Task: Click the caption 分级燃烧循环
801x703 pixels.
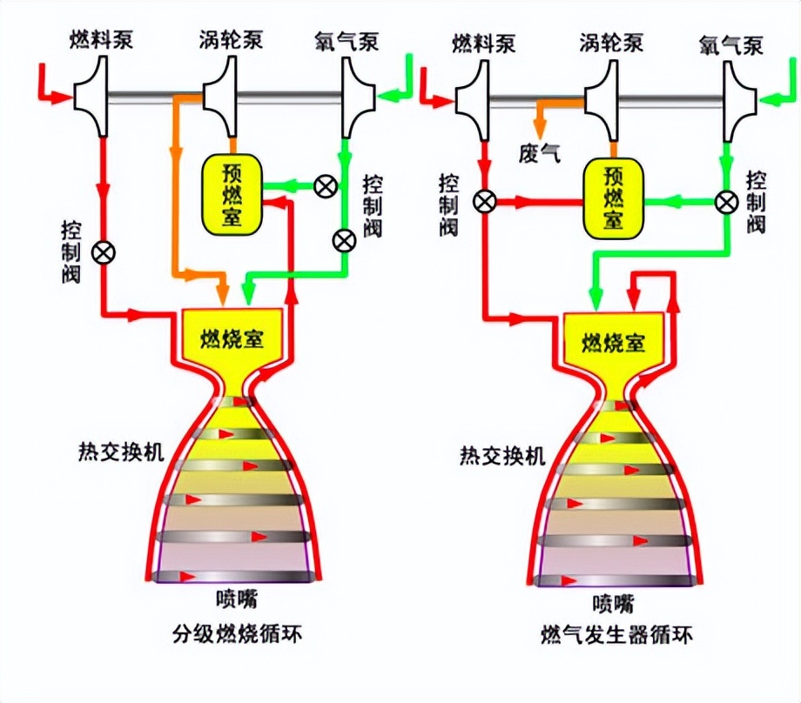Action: [237, 634]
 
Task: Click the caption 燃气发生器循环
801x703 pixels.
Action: [616, 636]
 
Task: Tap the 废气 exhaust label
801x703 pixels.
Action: [540, 152]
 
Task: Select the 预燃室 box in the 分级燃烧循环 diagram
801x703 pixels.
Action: [232, 195]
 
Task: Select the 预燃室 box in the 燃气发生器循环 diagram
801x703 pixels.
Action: [614, 198]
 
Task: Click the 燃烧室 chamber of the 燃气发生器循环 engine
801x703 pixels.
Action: [613, 343]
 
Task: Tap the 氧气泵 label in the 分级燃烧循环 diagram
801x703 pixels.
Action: [347, 41]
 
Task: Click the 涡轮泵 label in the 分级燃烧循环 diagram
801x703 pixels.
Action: [231, 39]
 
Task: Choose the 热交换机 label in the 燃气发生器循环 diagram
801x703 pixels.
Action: [502, 455]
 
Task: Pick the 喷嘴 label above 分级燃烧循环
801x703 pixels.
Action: [237, 599]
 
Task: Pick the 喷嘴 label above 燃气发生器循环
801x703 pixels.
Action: [614, 604]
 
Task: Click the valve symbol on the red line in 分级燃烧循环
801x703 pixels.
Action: [104, 252]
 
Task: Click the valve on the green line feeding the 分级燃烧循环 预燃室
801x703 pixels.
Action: [325, 186]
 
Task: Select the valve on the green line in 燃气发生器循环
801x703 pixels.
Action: [726, 202]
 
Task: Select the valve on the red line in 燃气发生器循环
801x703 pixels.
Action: [484, 201]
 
